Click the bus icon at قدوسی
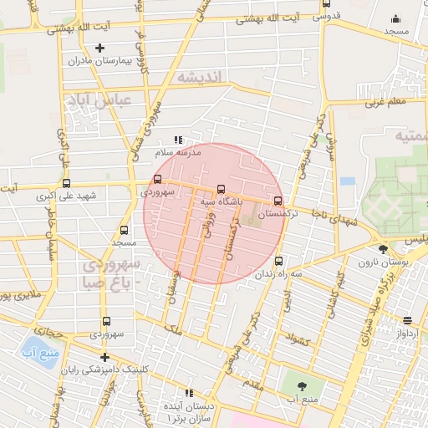click(x=325, y=4)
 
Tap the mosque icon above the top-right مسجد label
click(x=395, y=19)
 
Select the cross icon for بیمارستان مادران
click(x=100, y=48)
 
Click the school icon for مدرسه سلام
click(x=176, y=140)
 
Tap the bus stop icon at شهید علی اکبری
click(x=66, y=185)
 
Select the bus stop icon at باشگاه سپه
click(x=221, y=189)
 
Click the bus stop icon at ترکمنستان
click(x=278, y=201)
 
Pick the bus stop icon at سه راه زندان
click(x=278, y=260)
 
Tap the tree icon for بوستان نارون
click(x=383, y=249)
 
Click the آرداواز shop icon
click(x=407, y=321)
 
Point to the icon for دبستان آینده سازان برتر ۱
click(x=188, y=392)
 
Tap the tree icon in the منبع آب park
click(x=302, y=385)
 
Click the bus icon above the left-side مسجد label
click(x=125, y=230)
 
